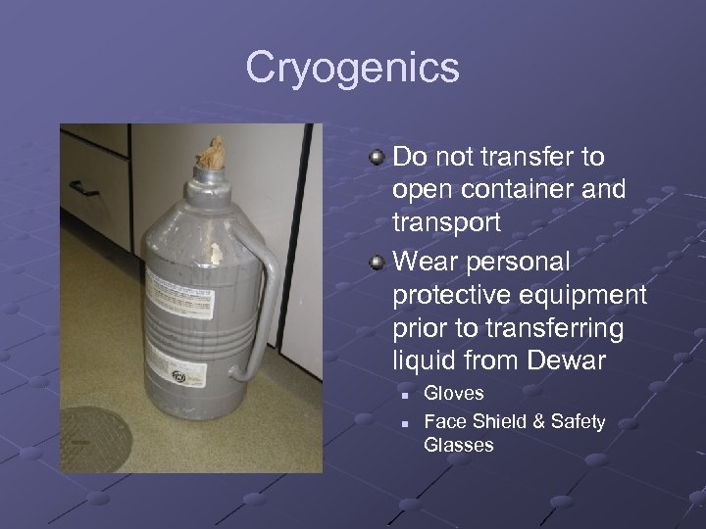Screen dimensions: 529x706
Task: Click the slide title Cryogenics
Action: [352, 68]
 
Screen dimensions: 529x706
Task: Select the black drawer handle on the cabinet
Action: [83, 186]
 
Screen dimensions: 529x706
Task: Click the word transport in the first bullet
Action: [446, 221]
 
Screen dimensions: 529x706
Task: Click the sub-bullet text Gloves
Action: [453, 393]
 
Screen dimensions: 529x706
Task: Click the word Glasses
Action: [458, 445]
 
